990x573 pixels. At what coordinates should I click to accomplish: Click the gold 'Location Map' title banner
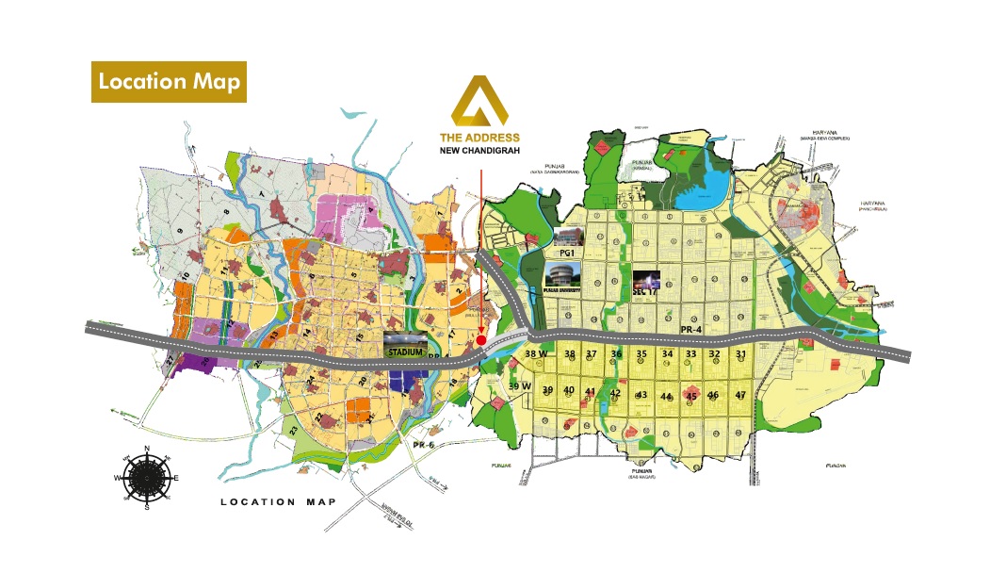point(169,81)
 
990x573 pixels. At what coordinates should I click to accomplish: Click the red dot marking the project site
point(481,339)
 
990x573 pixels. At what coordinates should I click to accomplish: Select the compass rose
point(146,477)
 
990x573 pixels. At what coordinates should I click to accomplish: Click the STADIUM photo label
point(405,350)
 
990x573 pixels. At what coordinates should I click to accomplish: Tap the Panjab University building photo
point(562,275)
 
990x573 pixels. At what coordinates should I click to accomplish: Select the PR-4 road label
point(692,329)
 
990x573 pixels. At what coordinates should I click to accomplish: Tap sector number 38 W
point(536,354)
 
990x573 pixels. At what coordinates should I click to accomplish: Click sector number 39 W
point(520,386)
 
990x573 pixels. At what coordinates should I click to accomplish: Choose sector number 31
point(741,354)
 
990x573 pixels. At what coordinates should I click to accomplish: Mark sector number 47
point(740,395)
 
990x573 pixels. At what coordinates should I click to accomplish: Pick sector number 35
point(641,354)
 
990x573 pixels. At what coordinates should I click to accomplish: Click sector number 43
point(641,395)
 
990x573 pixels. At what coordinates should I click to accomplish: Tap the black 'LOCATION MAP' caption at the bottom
point(278,501)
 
